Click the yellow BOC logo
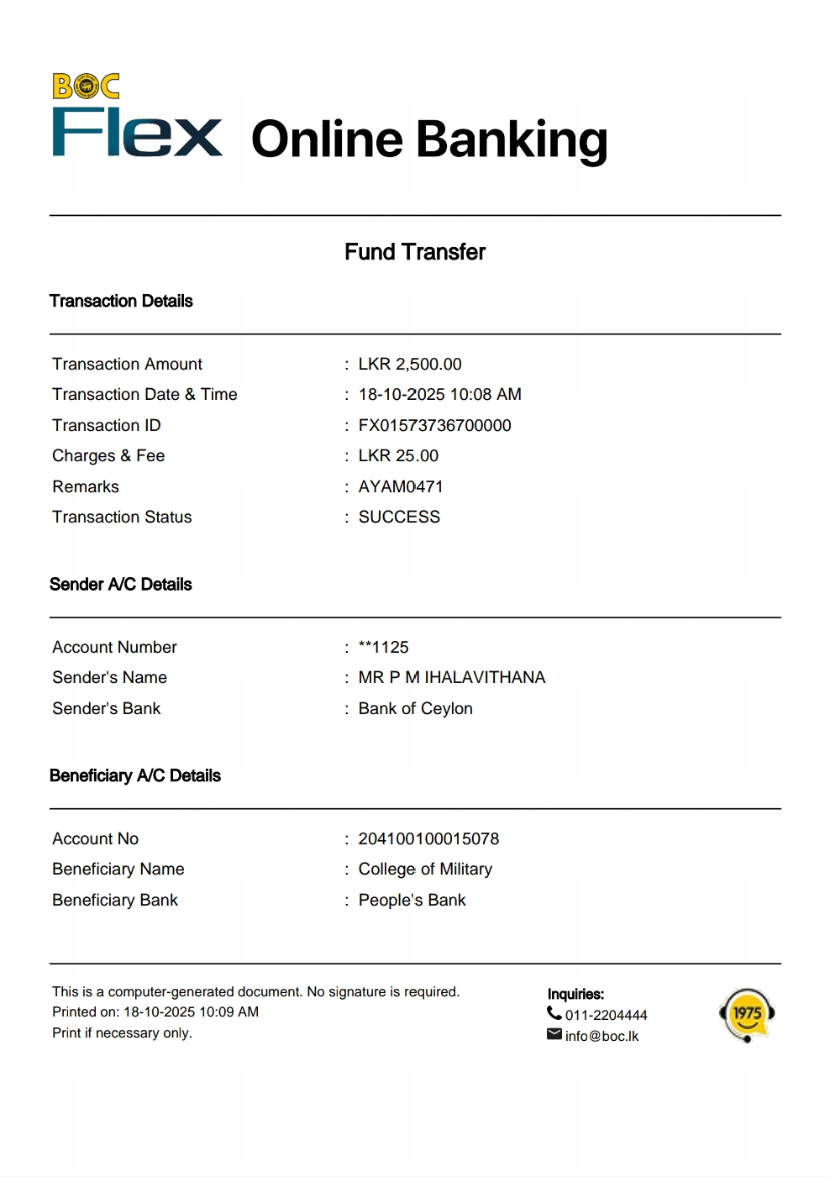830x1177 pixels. coord(86,87)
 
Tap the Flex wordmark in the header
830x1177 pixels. coord(137,134)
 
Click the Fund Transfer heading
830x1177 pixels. coord(415,252)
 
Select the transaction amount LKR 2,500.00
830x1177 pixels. coord(410,364)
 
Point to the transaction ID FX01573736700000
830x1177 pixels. coord(434,425)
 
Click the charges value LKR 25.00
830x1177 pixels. coord(398,455)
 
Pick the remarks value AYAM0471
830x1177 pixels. coord(401,486)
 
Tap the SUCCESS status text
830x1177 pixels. coord(399,517)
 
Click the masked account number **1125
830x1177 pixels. coord(383,647)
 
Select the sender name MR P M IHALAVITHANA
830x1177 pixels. coord(452,677)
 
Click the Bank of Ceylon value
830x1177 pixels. coord(415,708)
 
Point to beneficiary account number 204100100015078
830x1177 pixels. coord(428,838)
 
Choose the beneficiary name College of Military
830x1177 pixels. coord(425,869)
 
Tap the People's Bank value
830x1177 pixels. coord(412,900)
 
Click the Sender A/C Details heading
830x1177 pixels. coord(121,584)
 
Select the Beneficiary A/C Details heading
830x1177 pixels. coord(135,775)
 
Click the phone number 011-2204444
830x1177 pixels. coord(606,1015)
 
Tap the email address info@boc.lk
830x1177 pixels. coord(601,1036)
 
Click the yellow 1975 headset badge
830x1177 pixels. coord(747,1014)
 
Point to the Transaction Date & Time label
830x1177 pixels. coord(144,394)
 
